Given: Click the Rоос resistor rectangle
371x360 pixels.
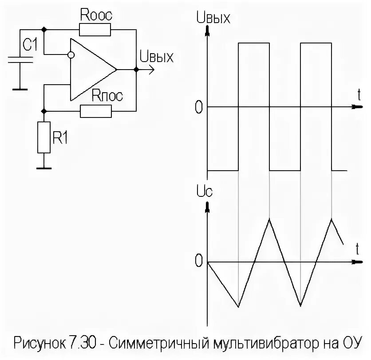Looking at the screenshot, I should pyautogui.click(x=95, y=30).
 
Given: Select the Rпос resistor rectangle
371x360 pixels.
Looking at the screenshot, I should pyautogui.click(x=96, y=111).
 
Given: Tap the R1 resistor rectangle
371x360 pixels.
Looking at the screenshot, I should pyautogui.click(x=44, y=138).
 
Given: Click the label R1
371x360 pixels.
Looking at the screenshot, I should pyautogui.click(x=60, y=138).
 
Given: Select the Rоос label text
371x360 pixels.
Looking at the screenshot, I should pyautogui.click(x=96, y=15).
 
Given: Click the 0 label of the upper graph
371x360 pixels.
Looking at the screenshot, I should pyautogui.click(x=198, y=107).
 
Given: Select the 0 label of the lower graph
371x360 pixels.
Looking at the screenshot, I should pyautogui.click(x=198, y=262).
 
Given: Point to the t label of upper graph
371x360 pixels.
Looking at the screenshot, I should pyautogui.click(x=358, y=94).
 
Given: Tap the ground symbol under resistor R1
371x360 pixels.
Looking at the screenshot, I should pyautogui.click(x=44, y=168).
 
